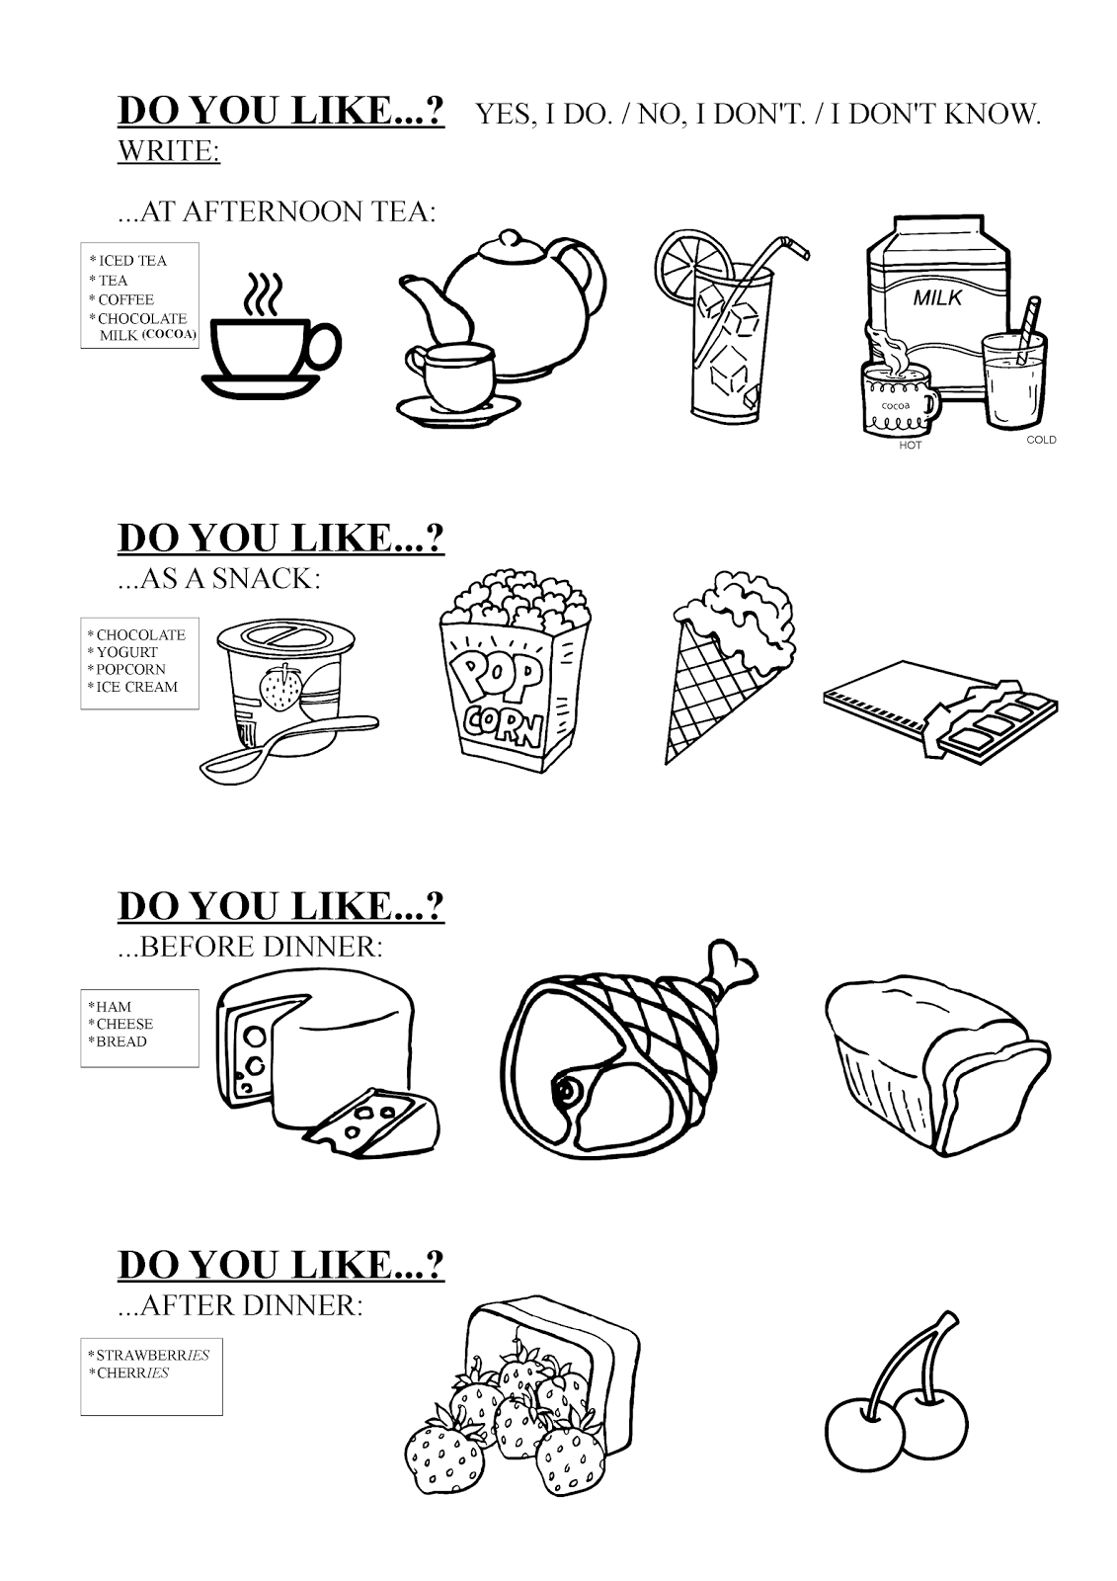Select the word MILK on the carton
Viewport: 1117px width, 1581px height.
pyautogui.click(x=936, y=296)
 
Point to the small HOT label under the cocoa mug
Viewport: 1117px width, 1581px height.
pyautogui.click(x=910, y=445)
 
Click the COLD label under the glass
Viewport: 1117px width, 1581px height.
pyautogui.click(x=1041, y=440)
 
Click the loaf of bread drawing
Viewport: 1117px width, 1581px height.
pyautogui.click(x=933, y=1057)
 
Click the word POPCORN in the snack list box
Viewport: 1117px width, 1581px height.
pyautogui.click(x=131, y=669)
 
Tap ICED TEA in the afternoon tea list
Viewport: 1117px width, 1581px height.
pyautogui.click(x=133, y=261)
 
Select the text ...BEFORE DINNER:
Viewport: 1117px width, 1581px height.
pyautogui.click(x=250, y=947)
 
